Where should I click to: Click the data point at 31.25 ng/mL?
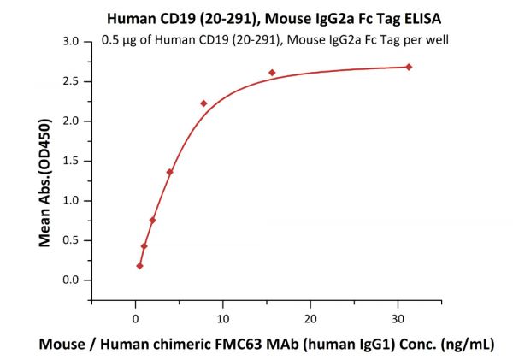409,67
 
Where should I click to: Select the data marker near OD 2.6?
272,73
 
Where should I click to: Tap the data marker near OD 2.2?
203,103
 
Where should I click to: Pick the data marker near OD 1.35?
169,172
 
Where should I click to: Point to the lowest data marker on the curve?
139,266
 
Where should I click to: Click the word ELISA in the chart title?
385,17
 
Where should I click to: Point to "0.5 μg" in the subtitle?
119,39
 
